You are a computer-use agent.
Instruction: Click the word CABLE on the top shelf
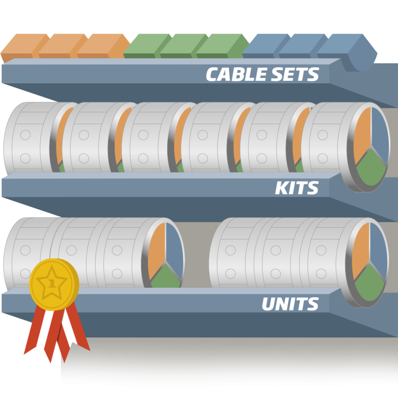pos(236,74)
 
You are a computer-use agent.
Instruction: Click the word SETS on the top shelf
pos(295,74)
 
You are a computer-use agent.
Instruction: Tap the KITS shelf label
pos(296,188)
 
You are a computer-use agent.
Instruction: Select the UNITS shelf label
pos(290,304)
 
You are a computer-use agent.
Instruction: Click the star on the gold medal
pos(52,282)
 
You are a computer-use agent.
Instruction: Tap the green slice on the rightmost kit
pos(371,169)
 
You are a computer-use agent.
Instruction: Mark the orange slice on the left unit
pos(156,250)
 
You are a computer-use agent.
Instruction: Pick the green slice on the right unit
pos(369,284)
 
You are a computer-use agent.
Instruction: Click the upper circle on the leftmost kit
pos(25,135)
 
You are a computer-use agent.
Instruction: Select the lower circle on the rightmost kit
pos(323,158)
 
